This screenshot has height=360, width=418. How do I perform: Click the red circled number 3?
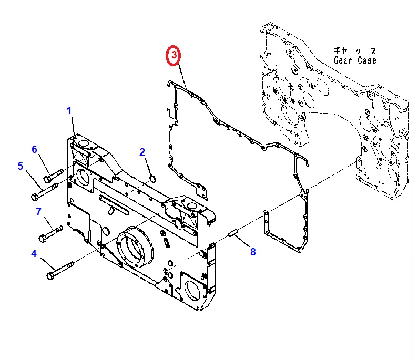[x=173, y=55]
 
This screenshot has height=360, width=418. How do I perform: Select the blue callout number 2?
[x=142, y=152]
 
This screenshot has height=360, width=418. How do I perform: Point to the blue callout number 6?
[x=35, y=149]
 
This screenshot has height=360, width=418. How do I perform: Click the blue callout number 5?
[x=21, y=167]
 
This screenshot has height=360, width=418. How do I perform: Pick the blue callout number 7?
[x=38, y=212]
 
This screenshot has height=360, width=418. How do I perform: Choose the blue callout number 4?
[x=34, y=253]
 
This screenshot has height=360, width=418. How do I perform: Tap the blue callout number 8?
[x=253, y=252]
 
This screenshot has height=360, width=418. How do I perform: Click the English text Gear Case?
[x=355, y=60]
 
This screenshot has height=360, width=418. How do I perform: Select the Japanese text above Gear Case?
[x=355, y=51]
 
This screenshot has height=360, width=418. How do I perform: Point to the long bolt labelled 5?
[x=44, y=191]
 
